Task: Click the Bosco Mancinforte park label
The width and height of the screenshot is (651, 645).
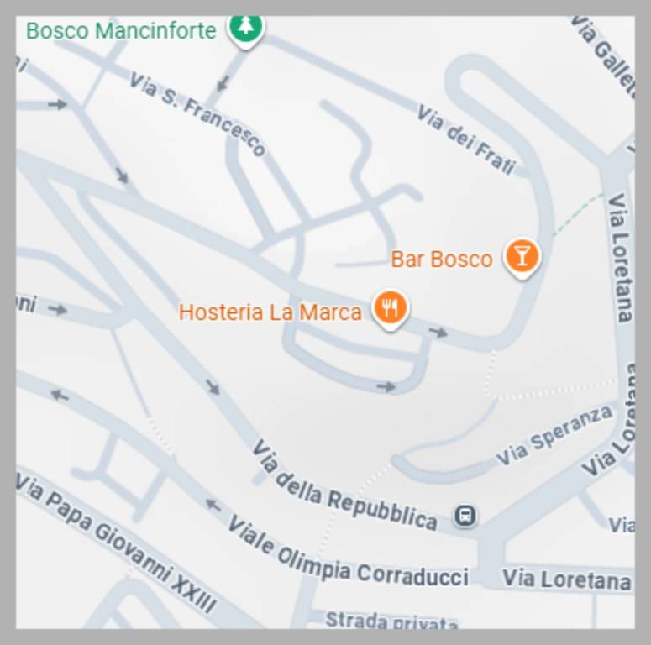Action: tap(121, 31)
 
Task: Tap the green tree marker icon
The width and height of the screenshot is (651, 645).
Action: tap(245, 27)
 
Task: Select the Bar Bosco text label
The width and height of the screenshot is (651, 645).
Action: tap(441, 260)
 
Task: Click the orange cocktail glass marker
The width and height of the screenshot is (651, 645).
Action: tap(522, 255)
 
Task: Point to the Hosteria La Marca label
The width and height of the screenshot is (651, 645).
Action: tap(270, 312)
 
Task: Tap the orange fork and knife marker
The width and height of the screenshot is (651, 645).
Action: tap(390, 308)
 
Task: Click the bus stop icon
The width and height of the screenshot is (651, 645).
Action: tap(465, 516)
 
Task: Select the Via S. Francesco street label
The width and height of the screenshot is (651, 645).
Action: tap(197, 114)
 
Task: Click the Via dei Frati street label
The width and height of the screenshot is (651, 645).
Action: tap(465, 139)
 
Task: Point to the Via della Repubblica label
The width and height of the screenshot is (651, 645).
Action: tap(344, 486)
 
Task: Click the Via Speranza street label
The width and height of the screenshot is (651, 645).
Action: tap(554, 435)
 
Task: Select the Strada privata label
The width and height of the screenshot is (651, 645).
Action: tap(391, 621)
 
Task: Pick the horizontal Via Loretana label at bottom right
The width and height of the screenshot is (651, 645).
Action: tap(566, 579)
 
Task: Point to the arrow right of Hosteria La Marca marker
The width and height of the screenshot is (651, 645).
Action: tap(438, 333)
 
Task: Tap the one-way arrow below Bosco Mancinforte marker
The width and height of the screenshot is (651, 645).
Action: tap(223, 83)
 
